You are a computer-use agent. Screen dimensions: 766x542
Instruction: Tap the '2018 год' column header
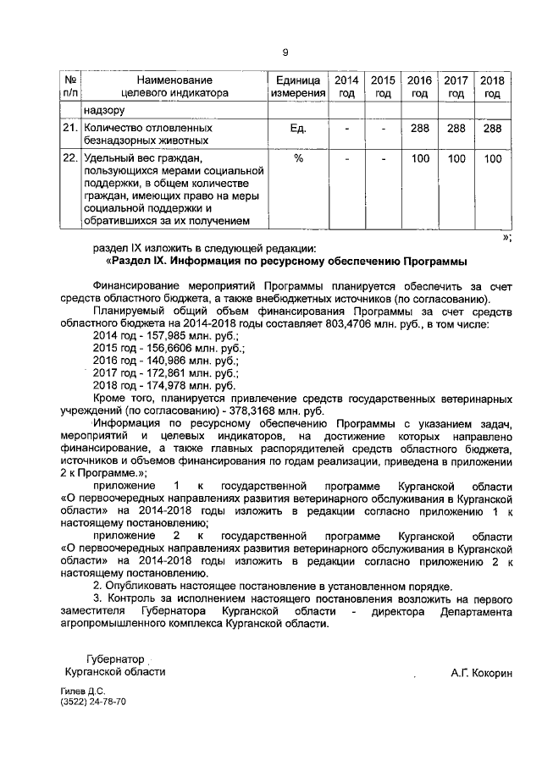coord(492,86)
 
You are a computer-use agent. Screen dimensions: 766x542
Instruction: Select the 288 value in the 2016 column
coord(419,129)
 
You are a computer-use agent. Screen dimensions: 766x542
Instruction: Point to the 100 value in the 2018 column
coord(492,158)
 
